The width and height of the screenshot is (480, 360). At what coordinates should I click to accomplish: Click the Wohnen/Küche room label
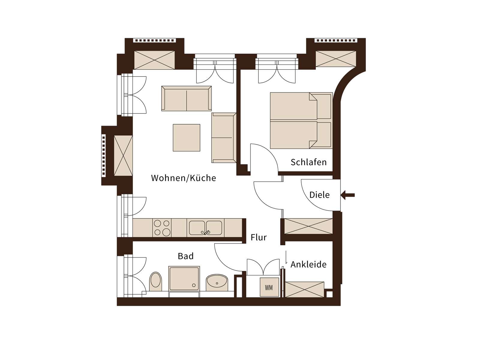[x=183, y=178]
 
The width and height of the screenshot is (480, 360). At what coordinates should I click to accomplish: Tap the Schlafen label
[x=309, y=162]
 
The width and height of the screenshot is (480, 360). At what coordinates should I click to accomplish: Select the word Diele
[x=319, y=195]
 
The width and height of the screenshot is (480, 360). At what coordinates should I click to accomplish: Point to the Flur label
[x=259, y=237]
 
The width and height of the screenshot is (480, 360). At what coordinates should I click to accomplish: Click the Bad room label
[x=186, y=256]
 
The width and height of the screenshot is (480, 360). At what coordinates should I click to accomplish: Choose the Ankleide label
[x=308, y=265]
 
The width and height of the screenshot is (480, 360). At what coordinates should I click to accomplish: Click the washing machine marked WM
[x=269, y=287]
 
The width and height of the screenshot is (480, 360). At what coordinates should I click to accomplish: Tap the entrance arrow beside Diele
[x=348, y=195]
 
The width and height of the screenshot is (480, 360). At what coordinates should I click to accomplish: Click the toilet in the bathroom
[x=155, y=281]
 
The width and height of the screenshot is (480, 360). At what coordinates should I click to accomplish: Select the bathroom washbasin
[x=217, y=283]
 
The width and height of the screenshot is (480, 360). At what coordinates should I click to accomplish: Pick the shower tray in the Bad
[x=184, y=279]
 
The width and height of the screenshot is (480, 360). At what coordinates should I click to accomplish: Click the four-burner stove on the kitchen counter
[x=162, y=228]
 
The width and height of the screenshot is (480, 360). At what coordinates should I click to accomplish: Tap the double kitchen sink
[x=205, y=228]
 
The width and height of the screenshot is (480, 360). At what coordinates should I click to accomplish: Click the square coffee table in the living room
[x=186, y=138]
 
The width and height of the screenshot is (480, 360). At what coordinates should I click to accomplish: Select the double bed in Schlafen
[x=301, y=120]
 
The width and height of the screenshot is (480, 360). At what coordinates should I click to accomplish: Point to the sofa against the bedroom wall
[x=224, y=138]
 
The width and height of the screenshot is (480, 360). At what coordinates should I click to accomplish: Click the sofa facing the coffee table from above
[x=186, y=98]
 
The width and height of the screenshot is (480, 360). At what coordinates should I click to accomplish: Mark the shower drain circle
[x=193, y=285]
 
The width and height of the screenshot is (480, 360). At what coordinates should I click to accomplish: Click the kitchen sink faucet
[x=206, y=232]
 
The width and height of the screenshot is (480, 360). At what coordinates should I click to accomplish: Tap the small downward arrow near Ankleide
[x=286, y=257]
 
